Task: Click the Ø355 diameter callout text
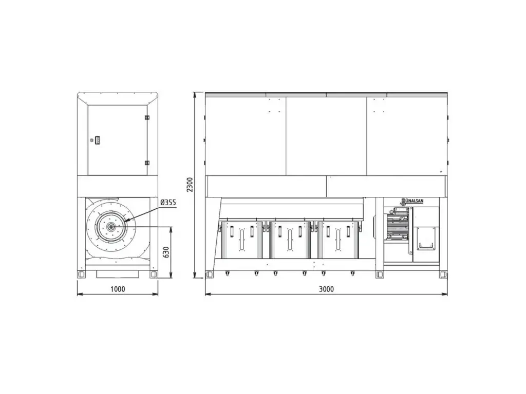pyautogui.click(x=168, y=202)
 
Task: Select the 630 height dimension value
pyautogui.click(x=166, y=252)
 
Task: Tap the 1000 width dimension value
pyautogui.click(x=118, y=289)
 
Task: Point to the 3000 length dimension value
pyautogui.click(x=326, y=289)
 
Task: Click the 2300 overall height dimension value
pyautogui.click(x=190, y=185)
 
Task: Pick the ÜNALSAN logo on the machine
pyautogui.click(x=412, y=201)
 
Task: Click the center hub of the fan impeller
pyautogui.click(x=110, y=227)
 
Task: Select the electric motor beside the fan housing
pyautogui.click(x=397, y=225)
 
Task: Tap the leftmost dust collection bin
pyautogui.click(x=241, y=239)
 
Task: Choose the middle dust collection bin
pyautogui.click(x=290, y=239)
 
